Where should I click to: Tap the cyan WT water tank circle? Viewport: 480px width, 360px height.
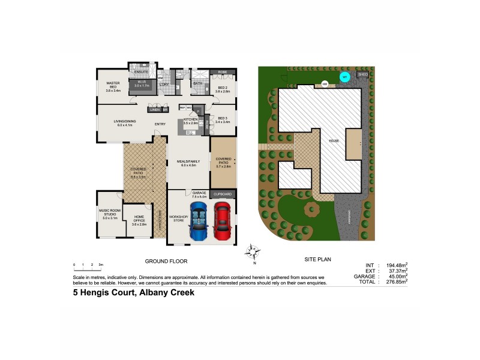click(x=344, y=77)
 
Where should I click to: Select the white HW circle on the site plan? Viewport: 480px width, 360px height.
click(x=325, y=84)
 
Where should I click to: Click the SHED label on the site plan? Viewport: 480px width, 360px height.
click(x=362, y=74)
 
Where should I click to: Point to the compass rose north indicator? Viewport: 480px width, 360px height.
click(x=254, y=252)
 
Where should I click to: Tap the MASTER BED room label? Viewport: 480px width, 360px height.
click(x=113, y=87)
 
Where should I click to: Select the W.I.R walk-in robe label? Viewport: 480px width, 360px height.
click(x=142, y=85)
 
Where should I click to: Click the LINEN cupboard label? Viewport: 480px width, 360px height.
click(x=155, y=110)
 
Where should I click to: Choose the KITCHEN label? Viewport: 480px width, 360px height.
click(x=191, y=121)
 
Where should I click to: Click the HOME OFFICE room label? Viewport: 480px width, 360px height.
click(x=139, y=218)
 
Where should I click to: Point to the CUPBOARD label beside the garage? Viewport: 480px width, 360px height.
click(x=223, y=194)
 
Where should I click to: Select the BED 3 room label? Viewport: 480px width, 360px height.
click(x=223, y=119)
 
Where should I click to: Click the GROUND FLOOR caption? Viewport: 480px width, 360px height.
click(x=166, y=261)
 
